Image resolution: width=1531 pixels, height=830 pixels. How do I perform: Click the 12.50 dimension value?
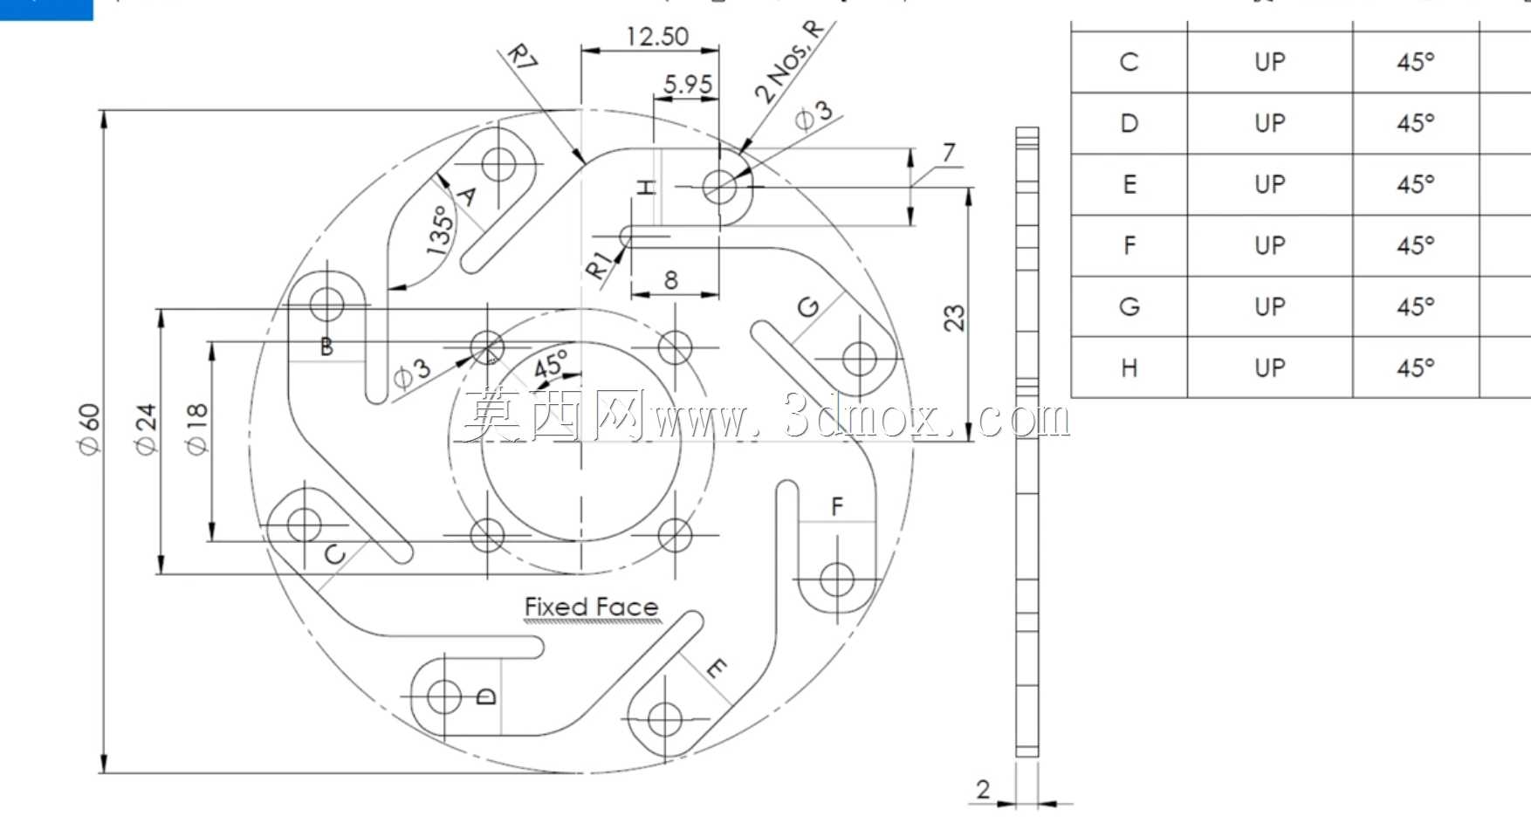click(x=657, y=37)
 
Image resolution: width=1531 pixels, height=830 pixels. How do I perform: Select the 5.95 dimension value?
click(x=688, y=85)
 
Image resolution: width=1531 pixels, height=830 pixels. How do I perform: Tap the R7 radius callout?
click(x=523, y=58)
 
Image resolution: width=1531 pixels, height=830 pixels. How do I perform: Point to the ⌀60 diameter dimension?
click(x=89, y=429)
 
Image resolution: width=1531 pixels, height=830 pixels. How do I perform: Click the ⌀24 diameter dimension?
click(x=145, y=429)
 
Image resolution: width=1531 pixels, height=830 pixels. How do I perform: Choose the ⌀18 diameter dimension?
click(x=196, y=429)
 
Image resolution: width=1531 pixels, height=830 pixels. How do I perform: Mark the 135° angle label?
click(x=441, y=230)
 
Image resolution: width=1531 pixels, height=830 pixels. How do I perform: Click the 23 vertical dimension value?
click(x=954, y=318)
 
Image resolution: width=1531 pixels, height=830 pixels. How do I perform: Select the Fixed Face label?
click(x=591, y=607)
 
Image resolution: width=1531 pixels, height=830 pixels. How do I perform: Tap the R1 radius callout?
click(x=597, y=266)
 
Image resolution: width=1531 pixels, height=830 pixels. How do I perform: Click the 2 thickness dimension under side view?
click(x=983, y=789)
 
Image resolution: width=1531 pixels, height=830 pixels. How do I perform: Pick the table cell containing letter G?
click(x=1129, y=307)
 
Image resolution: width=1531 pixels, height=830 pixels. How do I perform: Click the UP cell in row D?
click(x=1270, y=123)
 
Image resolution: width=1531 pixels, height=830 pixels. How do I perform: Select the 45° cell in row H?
click(x=1416, y=368)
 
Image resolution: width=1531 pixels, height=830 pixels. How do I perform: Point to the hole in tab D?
click(x=443, y=696)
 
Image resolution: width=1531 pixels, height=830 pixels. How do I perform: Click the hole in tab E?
click(x=665, y=720)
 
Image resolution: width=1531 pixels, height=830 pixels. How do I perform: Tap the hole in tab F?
click(x=837, y=580)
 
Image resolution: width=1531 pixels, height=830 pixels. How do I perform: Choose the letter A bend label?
click(x=468, y=195)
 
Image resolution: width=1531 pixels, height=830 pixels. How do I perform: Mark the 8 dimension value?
click(x=670, y=280)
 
